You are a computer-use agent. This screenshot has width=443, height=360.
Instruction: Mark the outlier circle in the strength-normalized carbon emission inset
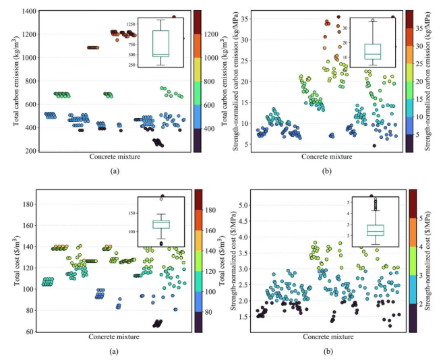point(373,20)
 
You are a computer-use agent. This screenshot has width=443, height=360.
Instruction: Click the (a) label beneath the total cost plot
point(114,351)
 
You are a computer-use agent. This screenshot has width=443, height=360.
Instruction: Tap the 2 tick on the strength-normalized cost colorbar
point(420,305)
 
